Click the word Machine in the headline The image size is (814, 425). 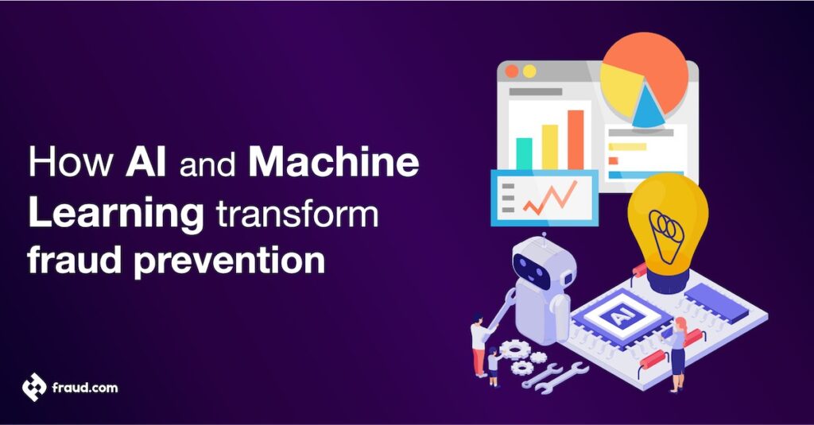(333, 164)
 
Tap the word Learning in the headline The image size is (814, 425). (113, 214)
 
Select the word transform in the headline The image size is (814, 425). (292, 214)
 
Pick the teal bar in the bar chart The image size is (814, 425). (524, 153)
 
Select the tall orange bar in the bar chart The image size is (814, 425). (576, 139)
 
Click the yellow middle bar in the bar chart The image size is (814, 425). (549, 146)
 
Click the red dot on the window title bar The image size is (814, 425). (512, 71)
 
